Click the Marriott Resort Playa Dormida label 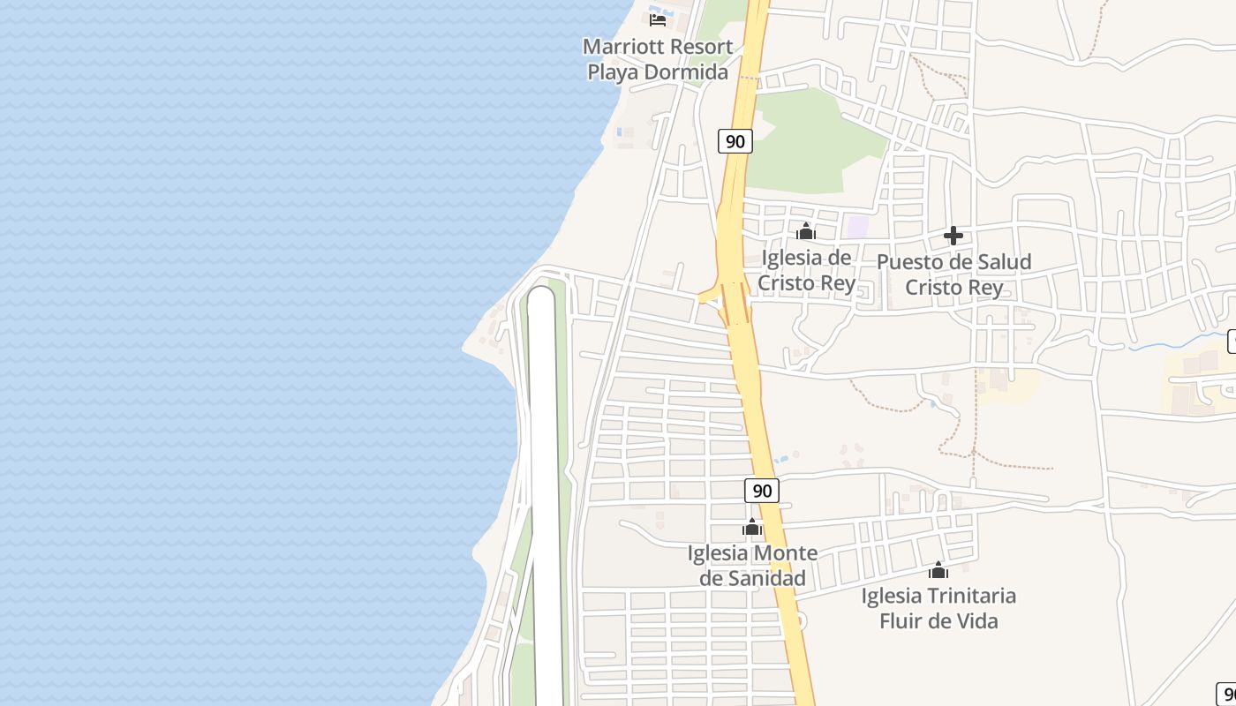[659, 59]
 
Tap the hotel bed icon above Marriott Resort [658, 19]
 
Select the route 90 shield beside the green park [735, 140]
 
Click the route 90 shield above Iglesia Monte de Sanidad [762, 491]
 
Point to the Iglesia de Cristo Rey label [807, 270]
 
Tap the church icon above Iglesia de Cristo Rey [805, 232]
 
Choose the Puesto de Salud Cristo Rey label [953, 274]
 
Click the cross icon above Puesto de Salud [953, 236]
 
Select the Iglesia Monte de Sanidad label [752, 566]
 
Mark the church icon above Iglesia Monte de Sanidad [752, 528]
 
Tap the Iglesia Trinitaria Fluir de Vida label [938, 608]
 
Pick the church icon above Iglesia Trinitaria [938, 570]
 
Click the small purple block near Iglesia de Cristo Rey [857, 226]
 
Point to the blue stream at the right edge [1174, 342]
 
